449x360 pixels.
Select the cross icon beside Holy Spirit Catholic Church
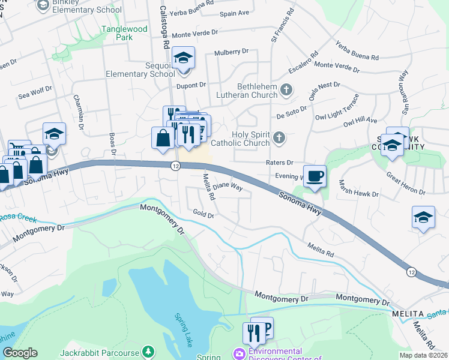[x=279, y=139]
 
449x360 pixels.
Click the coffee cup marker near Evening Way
[x=315, y=176]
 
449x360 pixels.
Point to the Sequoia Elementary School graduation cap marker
[x=182, y=58]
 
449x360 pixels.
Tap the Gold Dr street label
[x=203, y=213]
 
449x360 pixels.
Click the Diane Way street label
[x=228, y=187]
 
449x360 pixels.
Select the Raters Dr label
[x=279, y=162]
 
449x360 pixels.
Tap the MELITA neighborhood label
[x=411, y=314]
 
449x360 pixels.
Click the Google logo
[x=20, y=353]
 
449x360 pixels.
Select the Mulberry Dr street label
[x=231, y=52]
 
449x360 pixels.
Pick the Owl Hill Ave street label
[x=360, y=122]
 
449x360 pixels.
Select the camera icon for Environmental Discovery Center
[x=240, y=353]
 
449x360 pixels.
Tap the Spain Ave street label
[x=234, y=13]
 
